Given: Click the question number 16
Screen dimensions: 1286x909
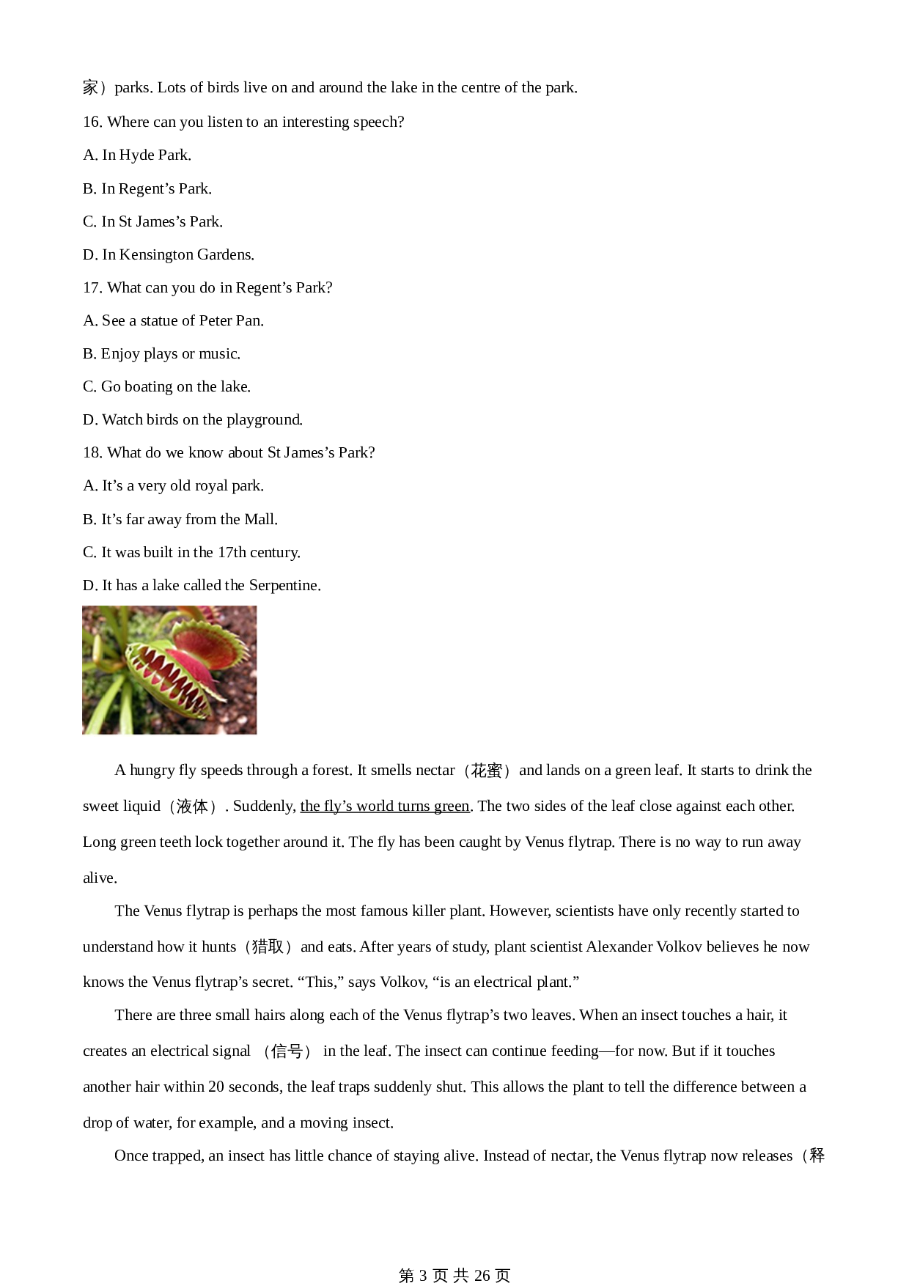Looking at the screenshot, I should click(x=92, y=122).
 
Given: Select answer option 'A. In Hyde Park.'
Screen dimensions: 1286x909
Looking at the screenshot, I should click(x=137, y=155).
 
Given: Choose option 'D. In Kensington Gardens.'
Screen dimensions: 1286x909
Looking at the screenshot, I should click(x=169, y=255).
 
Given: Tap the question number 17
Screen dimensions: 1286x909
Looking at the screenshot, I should click(x=92, y=288).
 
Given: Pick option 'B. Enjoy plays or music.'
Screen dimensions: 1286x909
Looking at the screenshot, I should click(x=161, y=354).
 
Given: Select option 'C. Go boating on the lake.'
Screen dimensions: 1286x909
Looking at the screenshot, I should click(x=166, y=387).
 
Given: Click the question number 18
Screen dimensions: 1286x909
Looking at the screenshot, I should click(x=92, y=453).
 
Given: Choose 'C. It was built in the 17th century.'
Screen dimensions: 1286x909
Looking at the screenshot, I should click(x=191, y=553).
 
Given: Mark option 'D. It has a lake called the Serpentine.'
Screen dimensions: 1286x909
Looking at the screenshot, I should click(x=202, y=586).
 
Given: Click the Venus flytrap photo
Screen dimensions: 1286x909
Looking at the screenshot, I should click(x=169, y=670).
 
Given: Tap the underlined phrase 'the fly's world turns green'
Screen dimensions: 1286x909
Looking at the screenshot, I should click(x=385, y=806).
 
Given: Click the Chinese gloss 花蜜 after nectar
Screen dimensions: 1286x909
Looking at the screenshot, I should click(x=487, y=771).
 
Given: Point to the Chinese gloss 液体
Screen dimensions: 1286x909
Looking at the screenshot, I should click(x=193, y=806).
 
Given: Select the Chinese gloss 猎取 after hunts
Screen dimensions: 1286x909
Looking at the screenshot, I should click(x=268, y=947).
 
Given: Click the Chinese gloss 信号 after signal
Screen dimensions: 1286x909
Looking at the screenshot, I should click(x=287, y=1051).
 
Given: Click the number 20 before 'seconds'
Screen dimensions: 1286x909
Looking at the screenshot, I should click(x=216, y=1087).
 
